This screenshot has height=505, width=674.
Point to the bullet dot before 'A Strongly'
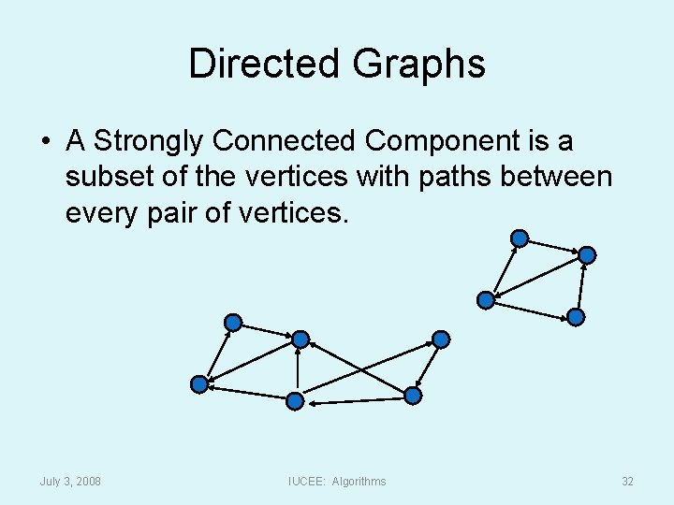coord(45,142)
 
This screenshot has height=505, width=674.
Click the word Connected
coord(285,141)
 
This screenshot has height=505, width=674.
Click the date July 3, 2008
coord(71,482)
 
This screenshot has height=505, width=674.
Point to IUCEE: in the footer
coord(306,482)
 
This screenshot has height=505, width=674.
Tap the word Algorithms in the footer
coord(359,482)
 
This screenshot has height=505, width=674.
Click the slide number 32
coord(627,482)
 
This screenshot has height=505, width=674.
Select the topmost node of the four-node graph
coord(520,238)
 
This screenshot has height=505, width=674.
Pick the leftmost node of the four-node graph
coord(486,300)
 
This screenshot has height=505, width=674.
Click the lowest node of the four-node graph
coord(577,317)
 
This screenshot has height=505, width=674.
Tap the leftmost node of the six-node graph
coord(199,383)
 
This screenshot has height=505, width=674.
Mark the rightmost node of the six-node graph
coord(441,339)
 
